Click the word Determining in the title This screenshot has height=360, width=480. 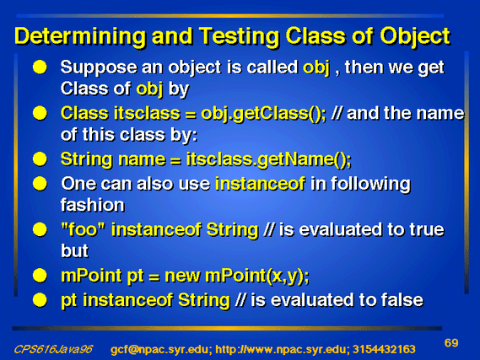click(x=80, y=37)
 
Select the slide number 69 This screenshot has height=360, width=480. click(x=451, y=343)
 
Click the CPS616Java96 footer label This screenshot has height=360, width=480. click(x=53, y=349)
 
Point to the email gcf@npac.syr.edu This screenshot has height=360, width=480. click(x=159, y=349)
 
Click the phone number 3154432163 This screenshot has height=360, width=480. click(x=384, y=349)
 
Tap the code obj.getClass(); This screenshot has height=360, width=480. click(x=263, y=114)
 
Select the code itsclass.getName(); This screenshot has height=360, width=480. click(x=269, y=159)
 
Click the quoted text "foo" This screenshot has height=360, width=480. click(x=84, y=229)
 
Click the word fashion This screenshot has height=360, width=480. click(x=93, y=205)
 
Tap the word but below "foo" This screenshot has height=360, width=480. click(x=74, y=250)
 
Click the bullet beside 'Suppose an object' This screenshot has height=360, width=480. click(x=40, y=67)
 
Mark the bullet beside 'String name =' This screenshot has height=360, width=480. click(x=40, y=159)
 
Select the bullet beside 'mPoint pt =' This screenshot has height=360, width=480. click(x=40, y=276)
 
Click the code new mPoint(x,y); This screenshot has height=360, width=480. click(x=237, y=277)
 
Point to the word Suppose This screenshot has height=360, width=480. click(x=99, y=67)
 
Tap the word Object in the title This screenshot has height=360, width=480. click(x=415, y=37)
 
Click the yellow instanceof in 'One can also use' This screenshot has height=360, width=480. click(x=260, y=184)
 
